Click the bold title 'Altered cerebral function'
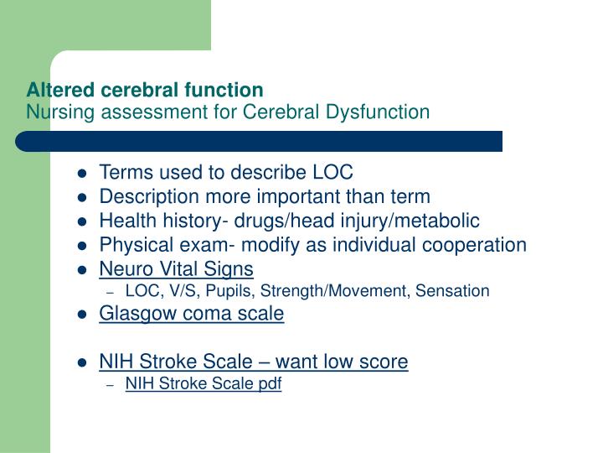145,89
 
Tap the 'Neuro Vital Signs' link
176,268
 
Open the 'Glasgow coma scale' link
192,314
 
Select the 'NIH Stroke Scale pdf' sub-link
203,384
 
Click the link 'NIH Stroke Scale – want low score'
253,362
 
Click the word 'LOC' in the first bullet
333,173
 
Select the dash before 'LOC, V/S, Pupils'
111,292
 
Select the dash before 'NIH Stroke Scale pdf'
111,385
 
